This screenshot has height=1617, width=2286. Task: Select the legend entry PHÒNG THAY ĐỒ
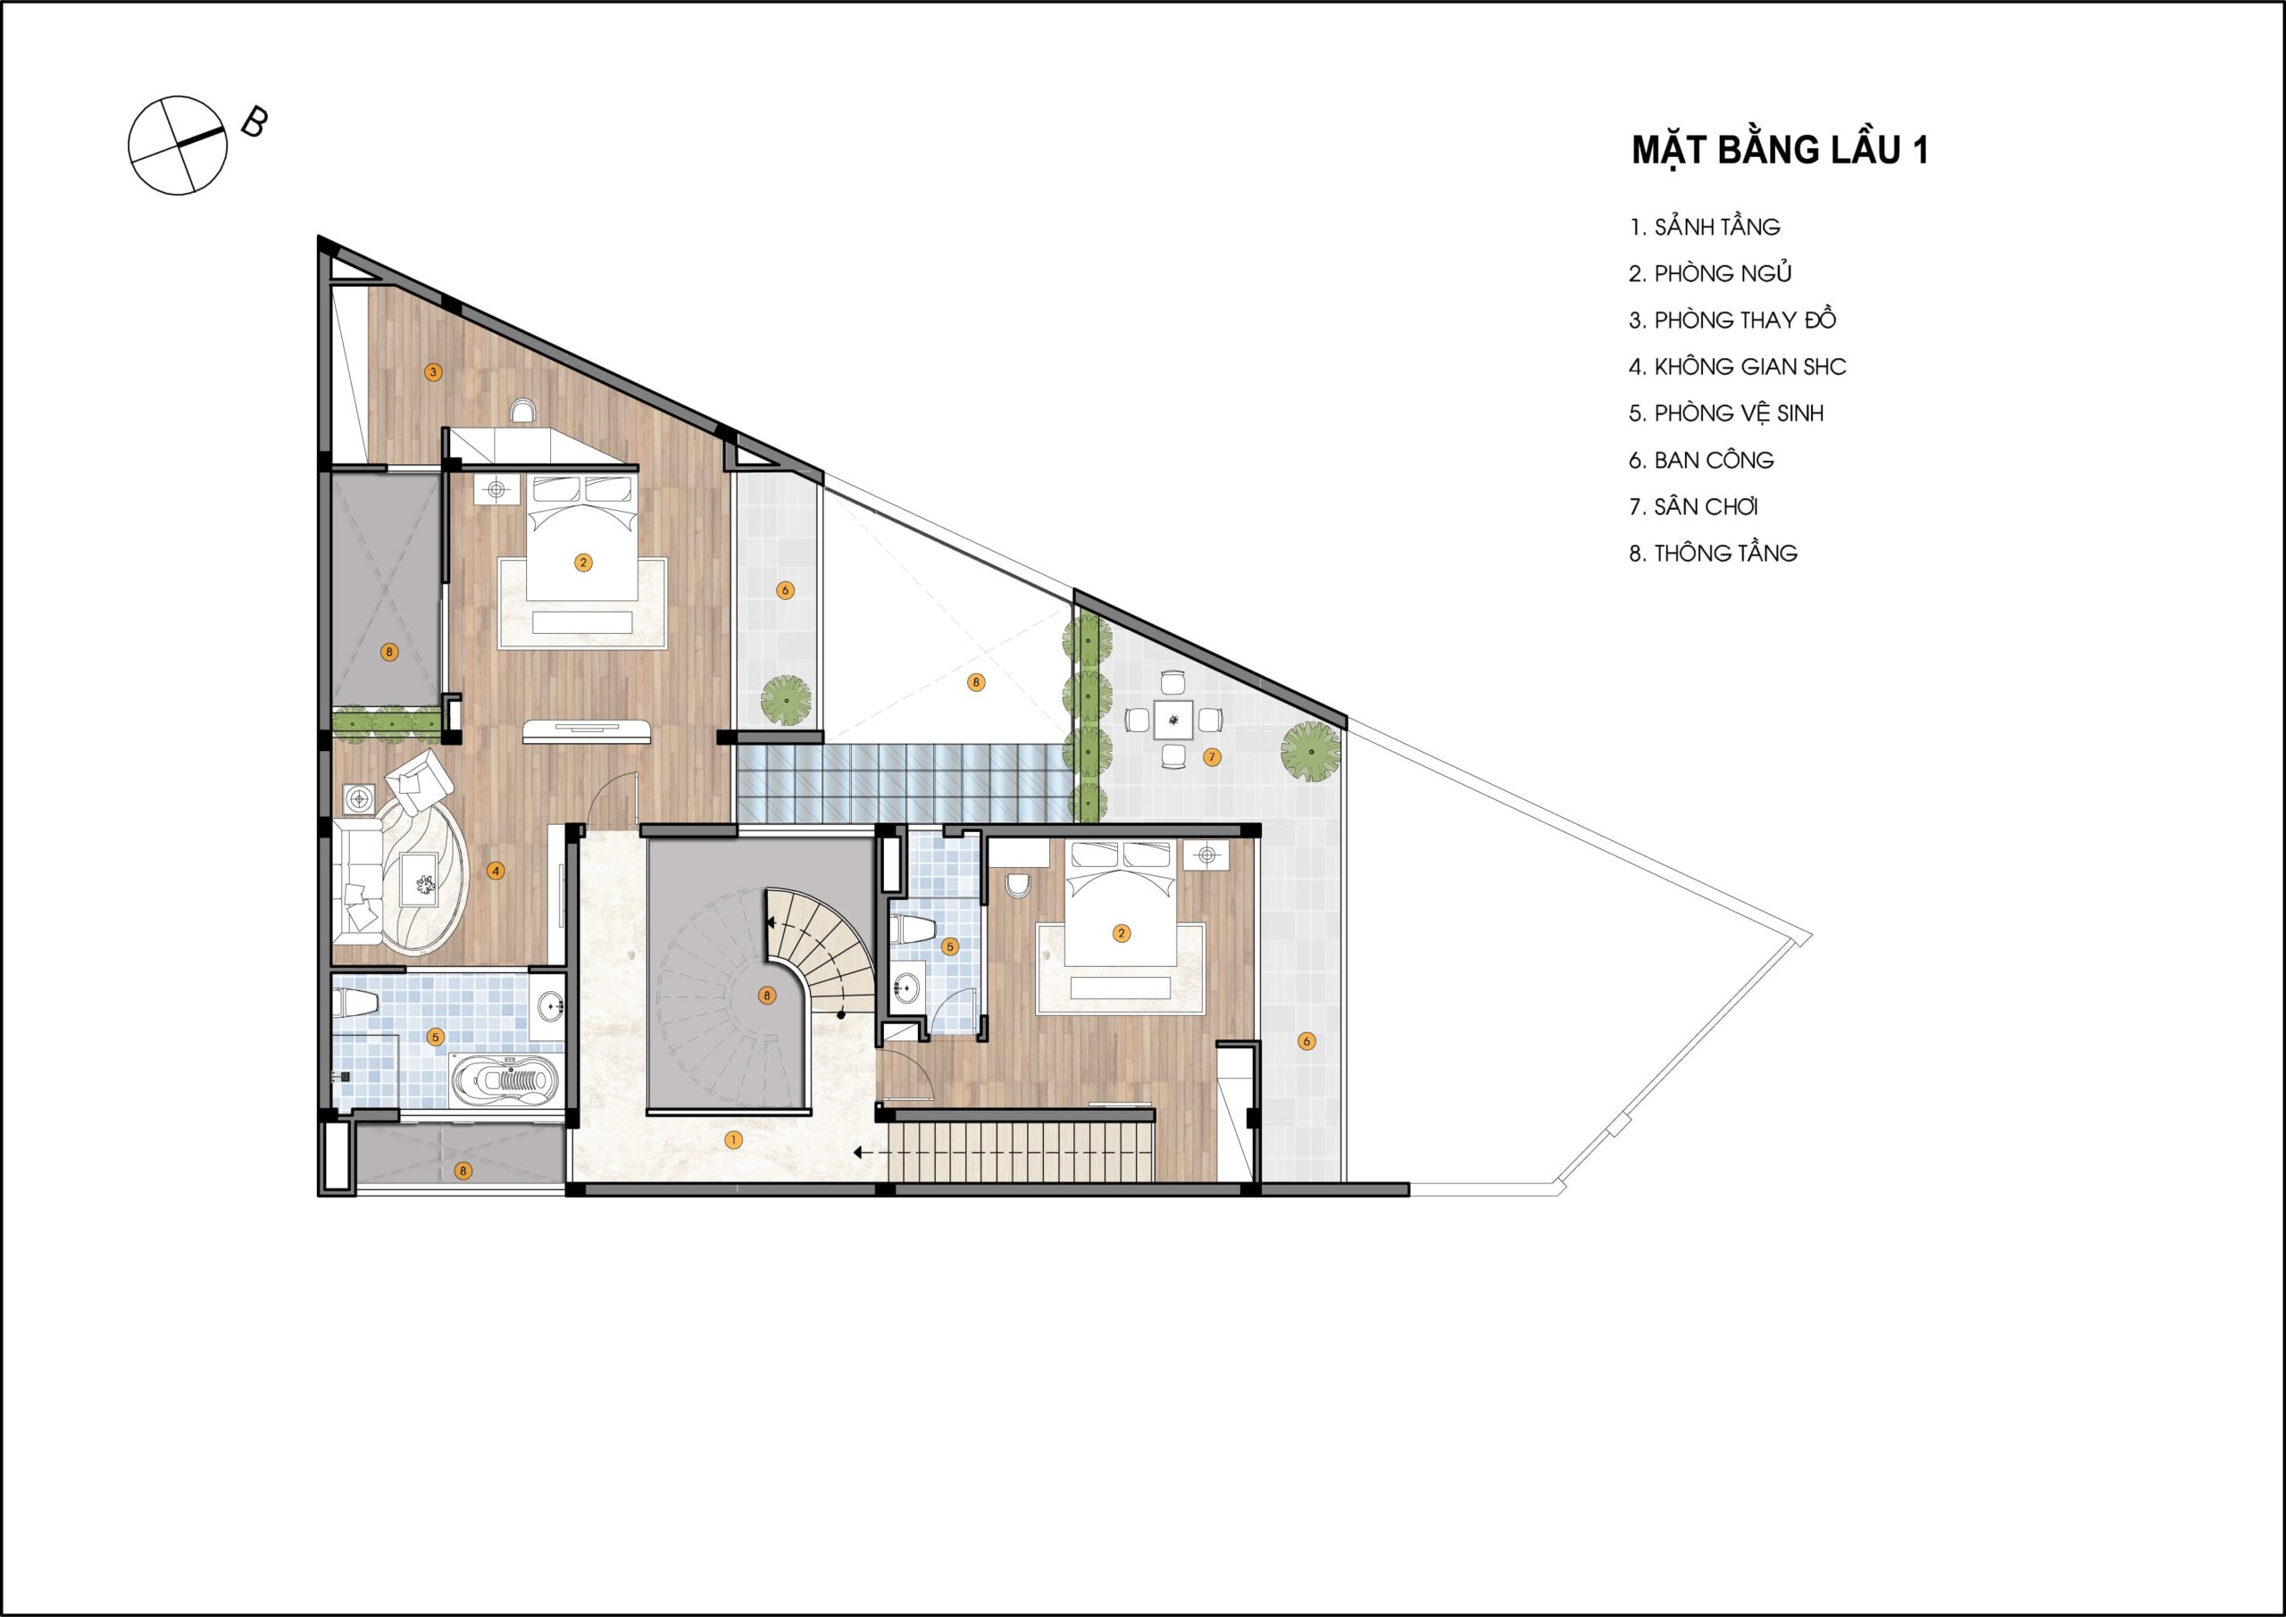pyautogui.click(x=1732, y=320)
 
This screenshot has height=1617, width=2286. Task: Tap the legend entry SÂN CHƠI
pyautogui.click(x=1694, y=507)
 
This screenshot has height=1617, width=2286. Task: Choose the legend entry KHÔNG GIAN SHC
pyautogui.click(x=1738, y=366)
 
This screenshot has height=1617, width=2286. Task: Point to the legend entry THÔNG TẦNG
pyautogui.click(x=1713, y=554)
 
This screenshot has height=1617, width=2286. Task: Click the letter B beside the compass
pyautogui.click(x=254, y=122)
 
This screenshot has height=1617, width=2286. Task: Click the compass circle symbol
pyautogui.click(x=179, y=146)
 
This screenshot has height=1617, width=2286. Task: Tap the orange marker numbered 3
pyautogui.click(x=432, y=372)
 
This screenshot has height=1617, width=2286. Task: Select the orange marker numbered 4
pyautogui.click(x=495, y=871)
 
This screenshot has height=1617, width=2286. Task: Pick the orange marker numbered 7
pyautogui.click(x=1212, y=758)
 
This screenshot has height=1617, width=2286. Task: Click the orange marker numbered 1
pyautogui.click(x=734, y=1140)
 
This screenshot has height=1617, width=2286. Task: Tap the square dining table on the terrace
pyautogui.click(x=1174, y=719)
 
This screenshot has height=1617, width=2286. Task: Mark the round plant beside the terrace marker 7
pyautogui.click(x=1311, y=752)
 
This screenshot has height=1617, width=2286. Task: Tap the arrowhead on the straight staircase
pyautogui.click(x=857, y=1153)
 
